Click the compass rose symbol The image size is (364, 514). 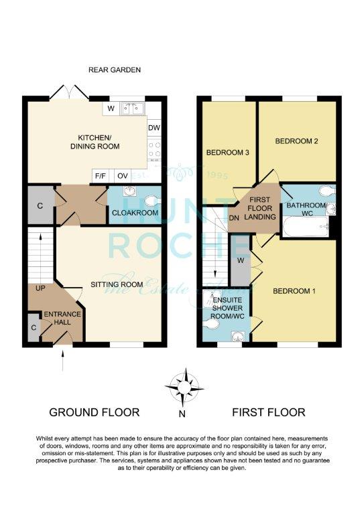[x=184, y=388]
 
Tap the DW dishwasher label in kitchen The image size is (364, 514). [x=154, y=128]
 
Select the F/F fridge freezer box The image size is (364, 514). [x=101, y=176]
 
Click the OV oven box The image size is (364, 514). [x=123, y=176]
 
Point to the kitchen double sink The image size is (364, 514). [x=133, y=108]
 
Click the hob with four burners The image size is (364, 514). [x=154, y=149]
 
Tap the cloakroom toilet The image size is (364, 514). [x=153, y=201]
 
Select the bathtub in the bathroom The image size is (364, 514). [x=306, y=226]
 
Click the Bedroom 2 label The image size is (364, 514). [x=296, y=141]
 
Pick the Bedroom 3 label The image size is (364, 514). [x=227, y=153]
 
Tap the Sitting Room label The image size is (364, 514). [x=117, y=284]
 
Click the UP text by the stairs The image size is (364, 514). [x=40, y=288]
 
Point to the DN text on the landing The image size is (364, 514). [x=234, y=218]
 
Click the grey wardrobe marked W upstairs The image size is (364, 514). [x=241, y=260]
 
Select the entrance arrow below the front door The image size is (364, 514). [x=62, y=361]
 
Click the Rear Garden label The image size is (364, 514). [x=115, y=70]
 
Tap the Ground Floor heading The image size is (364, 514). [x=95, y=412]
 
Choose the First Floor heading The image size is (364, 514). [x=269, y=412]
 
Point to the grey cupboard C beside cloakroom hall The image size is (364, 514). [x=40, y=205]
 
